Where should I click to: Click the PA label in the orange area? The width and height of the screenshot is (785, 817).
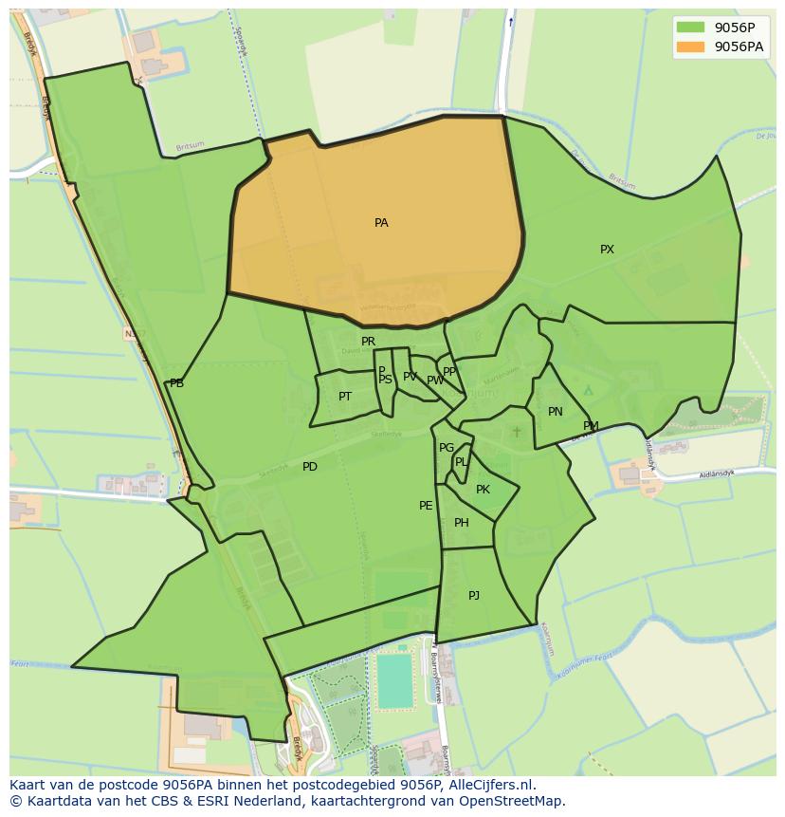381,223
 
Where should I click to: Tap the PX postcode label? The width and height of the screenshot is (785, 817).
607,250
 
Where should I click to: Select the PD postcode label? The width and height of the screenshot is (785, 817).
310,467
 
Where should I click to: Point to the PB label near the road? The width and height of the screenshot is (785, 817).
176,383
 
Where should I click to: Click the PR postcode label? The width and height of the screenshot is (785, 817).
368,342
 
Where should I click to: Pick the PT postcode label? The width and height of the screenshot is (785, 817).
345,397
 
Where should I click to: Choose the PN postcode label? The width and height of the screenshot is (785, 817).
556,412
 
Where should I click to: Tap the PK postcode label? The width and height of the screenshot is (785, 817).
483,490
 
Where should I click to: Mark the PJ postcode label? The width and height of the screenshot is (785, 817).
474,596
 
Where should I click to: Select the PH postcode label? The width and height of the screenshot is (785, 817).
462,523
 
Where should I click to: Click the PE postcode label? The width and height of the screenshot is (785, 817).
426,506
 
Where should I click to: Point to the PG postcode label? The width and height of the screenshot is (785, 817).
447,448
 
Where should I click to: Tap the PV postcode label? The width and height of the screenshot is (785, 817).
410,377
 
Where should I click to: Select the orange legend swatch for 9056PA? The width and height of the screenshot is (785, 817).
692,46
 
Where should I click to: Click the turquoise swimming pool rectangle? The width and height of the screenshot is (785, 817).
395,680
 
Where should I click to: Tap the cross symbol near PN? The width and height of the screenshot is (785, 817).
517,432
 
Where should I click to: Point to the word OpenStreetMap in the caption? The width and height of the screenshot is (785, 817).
513,801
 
